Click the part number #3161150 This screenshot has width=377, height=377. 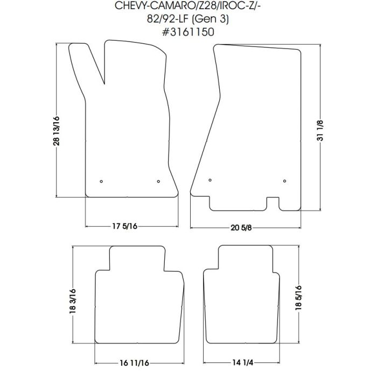click(188, 32)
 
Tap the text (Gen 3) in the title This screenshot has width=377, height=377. click(211, 19)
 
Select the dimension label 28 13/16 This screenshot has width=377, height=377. click(56, 131)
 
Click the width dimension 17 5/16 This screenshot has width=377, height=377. click(125, 226)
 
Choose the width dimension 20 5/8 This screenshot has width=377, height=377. click(241, 228)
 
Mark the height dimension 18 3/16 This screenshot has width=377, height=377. click(73, 301)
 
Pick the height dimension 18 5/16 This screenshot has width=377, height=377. click(298, 298)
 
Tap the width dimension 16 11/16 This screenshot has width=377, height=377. click(135, 363)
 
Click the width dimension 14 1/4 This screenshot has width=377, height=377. click(242, 362)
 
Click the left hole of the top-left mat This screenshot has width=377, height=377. click(101, 181)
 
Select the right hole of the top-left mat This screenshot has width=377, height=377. click(158, 181)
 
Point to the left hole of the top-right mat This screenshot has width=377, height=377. click(210, 180)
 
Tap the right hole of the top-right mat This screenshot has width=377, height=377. click(285, 181)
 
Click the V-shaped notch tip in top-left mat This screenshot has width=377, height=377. click(104, 84)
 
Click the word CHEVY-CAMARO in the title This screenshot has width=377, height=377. click(154, 6)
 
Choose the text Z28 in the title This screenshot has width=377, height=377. click(206, 6)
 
